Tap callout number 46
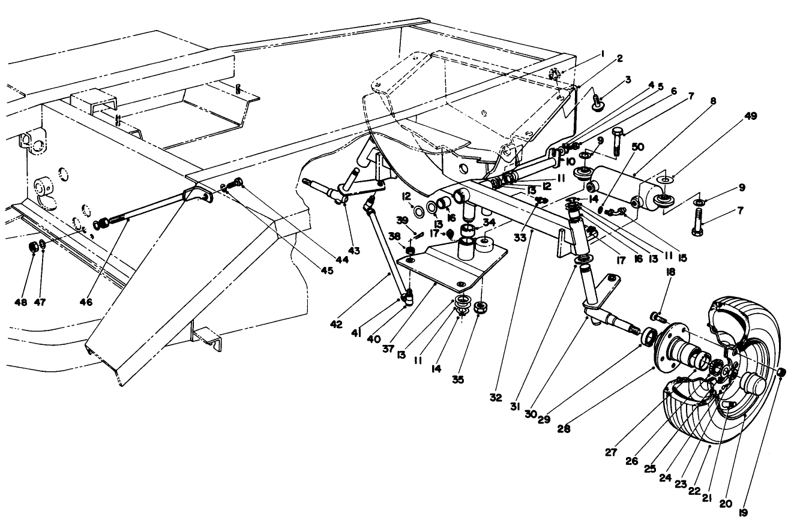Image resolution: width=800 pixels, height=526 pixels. pyautogui.click(x=85, y=302)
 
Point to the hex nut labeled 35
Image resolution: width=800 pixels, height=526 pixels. pyautogui.click(x=480, y=308)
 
